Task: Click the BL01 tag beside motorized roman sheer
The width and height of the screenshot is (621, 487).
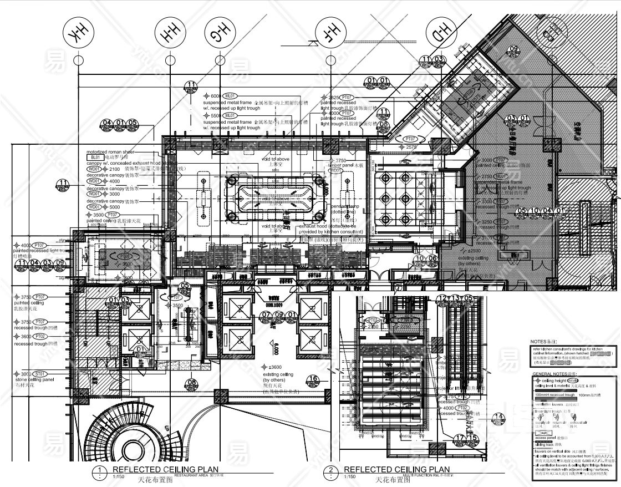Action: pos(93,158)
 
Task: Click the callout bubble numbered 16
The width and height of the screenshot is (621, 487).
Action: pos(314,380)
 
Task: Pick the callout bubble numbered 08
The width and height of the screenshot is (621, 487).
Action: pos(192,383)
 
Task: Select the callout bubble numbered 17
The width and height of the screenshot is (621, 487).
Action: pos(460,438)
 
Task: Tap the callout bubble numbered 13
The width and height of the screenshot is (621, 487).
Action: pos(456,298)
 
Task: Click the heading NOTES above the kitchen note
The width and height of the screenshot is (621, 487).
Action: pos(542,342)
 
